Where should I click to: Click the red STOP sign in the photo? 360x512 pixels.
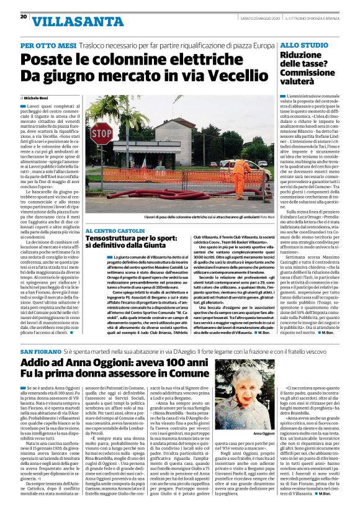tap(101, 133)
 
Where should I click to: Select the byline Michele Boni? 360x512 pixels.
tap(38, 99)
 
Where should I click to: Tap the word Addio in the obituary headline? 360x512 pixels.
tap(39, 362)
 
